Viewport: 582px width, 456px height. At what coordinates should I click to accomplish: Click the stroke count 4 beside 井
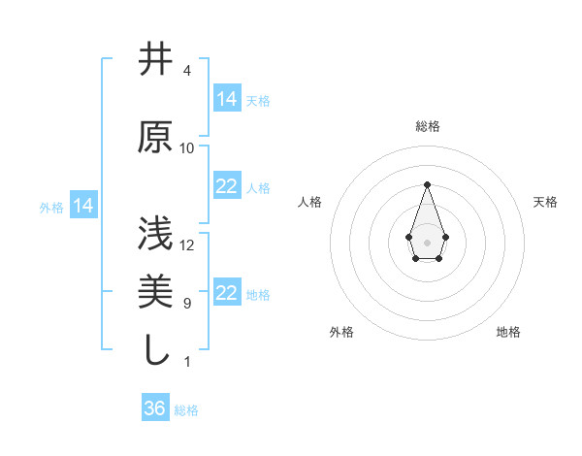click(187, 71)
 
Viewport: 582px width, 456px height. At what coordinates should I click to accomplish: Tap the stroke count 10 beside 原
click(187, 148)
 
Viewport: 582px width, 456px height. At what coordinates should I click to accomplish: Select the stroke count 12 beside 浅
click(187, 244)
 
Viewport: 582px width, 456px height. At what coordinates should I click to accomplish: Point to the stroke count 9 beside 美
click(187, 304)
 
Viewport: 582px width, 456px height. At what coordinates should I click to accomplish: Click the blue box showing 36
click(155, 408)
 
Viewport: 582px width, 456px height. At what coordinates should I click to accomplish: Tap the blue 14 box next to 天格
click(227, 98)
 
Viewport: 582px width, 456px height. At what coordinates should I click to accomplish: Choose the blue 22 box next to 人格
click(227, 186)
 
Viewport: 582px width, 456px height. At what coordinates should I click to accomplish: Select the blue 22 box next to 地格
click(227, 293)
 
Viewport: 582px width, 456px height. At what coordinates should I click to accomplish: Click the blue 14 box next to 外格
click(83, 206)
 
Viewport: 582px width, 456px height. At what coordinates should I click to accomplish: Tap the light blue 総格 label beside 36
click(186, 410)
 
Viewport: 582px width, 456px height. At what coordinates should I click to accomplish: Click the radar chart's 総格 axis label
click(427, 126)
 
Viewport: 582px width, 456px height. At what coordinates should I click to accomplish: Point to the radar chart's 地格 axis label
click(508, 333)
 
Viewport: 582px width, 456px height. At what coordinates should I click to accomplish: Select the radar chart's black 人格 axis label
click(310, 202)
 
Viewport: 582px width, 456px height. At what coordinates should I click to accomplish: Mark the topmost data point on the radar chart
click(427, 184)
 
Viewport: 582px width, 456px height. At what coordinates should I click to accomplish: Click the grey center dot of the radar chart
click(427, 242)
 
